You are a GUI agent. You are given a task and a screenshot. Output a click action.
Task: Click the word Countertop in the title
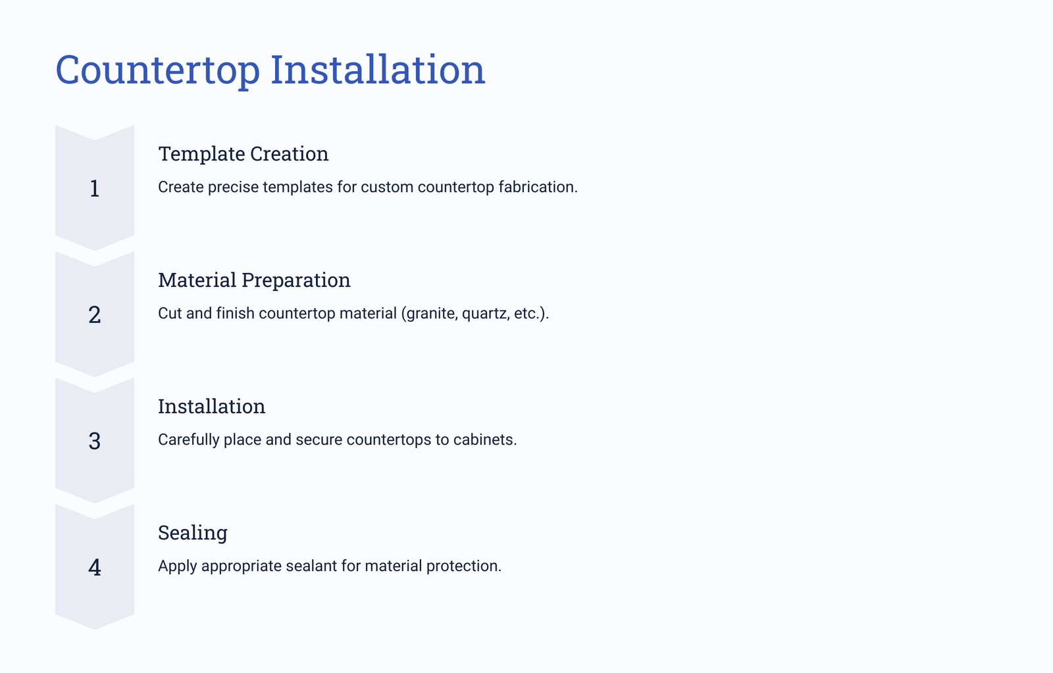coord(157,70)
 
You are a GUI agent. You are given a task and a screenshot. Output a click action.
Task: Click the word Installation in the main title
coord(378,69)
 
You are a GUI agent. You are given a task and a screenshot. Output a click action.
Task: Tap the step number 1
coord(95,188)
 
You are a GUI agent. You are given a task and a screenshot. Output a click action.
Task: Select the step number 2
coord(95,314)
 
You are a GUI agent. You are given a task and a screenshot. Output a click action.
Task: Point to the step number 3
coord(95,441)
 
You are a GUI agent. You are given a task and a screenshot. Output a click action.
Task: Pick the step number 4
coord(95,567)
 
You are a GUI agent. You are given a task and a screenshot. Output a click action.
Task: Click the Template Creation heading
coord(243,154)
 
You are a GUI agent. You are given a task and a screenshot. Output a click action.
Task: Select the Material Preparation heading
coord(254,280)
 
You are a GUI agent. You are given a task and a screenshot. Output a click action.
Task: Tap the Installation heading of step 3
coord(211,406)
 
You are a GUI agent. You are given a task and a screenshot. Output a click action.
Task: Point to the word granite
coord(432,314)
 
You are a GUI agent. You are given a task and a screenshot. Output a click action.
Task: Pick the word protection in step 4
coord(463,566)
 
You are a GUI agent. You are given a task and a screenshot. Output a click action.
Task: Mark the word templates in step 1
coord(297,187)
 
